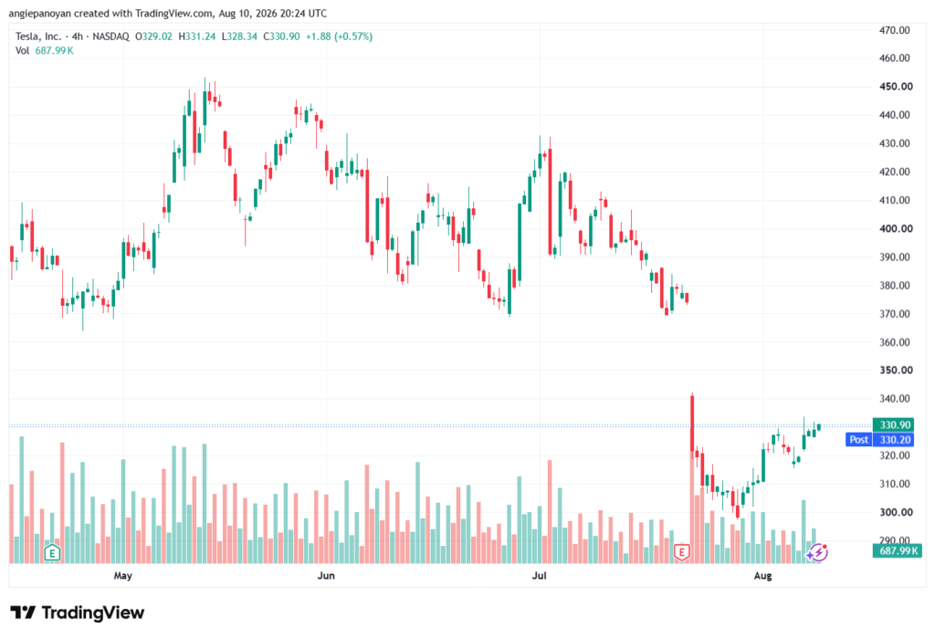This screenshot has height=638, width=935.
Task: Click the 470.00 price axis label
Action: click(x=895, y=30)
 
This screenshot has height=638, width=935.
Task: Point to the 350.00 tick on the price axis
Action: click(x=896, y=370)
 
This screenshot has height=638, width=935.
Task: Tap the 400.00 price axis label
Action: click(x=896, y=228)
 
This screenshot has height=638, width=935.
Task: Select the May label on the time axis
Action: click(x=123, y=575)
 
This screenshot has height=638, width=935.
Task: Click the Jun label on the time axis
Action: click(x=326, y=575)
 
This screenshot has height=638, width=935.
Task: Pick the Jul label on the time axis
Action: click(x=539, y=575)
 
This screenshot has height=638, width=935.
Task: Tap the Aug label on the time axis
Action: click(x=762, y=575)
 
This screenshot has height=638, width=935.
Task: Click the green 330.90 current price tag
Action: click(x=894, y=424)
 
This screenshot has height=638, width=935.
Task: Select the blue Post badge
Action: click(x=858, y=439)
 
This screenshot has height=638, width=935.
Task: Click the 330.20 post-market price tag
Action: click(x=894, y=439)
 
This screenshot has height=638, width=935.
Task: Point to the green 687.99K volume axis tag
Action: click(x=898, y=550)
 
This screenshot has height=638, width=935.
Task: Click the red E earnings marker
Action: click(x=681, y=552)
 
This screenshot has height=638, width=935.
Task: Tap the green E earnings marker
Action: click(x=52, y=553)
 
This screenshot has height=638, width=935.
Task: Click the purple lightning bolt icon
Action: click(x=817, y=553)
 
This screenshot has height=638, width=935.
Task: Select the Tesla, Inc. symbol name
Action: click(x=38, y=37)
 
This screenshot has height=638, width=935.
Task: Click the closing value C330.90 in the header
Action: click(x=281, y=37)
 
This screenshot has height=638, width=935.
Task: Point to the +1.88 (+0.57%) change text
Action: click(x=339, y=37)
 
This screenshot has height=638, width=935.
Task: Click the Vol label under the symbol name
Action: click(x=22, y=51)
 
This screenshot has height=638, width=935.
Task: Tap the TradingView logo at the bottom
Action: click(x=78, y=612)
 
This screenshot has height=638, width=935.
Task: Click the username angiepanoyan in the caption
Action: click(x=40, y=13)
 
